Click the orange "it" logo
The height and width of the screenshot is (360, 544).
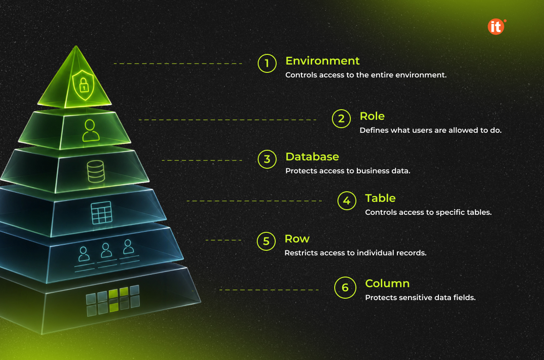click(x=497, y=27)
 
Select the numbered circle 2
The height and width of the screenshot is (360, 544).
click(x=342, y=118)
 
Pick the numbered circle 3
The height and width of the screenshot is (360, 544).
click(x=267, y=159)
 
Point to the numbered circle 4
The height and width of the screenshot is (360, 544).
click(x=347, y=201)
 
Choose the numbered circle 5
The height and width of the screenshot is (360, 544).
click(x=266, y=241)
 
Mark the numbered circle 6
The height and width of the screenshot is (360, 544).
click(x=345, y=288)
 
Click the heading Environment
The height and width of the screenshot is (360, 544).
click(x=322, y=61)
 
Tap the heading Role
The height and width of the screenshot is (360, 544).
click(x=372, y=116)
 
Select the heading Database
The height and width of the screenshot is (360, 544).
click(x=312, y=157)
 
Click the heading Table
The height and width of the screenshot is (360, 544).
click(x=380, y=198)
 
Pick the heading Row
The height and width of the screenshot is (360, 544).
click(x=297, y=239)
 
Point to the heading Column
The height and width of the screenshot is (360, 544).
click(x=387, y=283)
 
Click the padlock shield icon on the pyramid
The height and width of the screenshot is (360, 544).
click(x=83, y=85)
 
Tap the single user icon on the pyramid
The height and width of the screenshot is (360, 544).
click(x=90, y=130)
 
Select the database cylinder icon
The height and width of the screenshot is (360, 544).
click(x=96, y=171)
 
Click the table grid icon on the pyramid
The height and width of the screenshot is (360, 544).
click(x=101, y=212)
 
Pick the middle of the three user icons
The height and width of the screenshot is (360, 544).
click(x=106, y=250)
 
